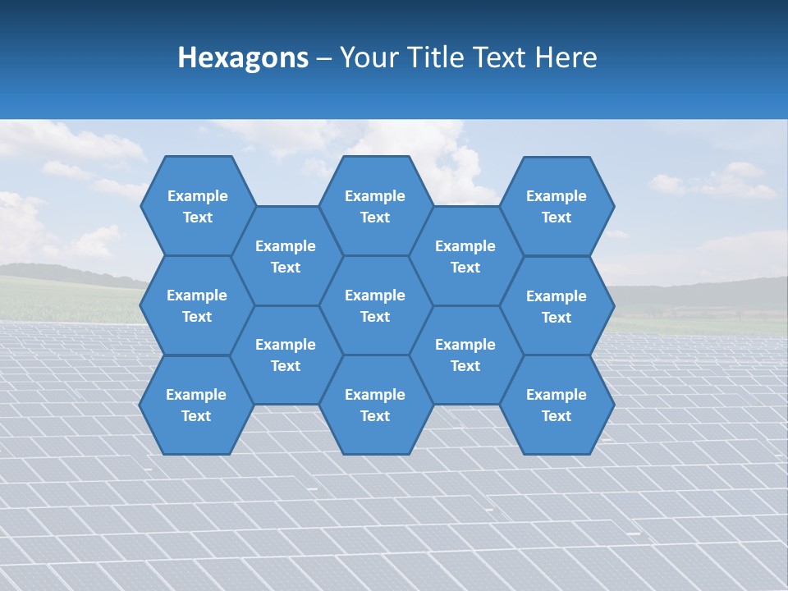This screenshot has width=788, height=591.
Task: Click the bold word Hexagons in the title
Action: (x=243, y=57)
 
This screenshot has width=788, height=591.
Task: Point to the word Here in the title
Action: (x=566, y=57)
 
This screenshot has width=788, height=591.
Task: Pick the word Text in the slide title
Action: (x=501, y=57)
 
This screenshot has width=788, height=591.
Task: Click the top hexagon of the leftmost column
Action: (x=197, y=206)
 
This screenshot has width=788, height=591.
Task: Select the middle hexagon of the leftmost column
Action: (x=197, y=305)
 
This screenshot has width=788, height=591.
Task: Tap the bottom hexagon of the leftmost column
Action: (x=196, y=405)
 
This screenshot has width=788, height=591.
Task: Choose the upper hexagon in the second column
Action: (x=286, y=256)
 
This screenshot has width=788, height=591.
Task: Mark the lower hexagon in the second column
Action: (x=286, y=355)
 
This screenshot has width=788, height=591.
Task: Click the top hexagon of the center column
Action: (x=375, y=206)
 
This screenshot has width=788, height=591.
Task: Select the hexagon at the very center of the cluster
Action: (x=375, y=305)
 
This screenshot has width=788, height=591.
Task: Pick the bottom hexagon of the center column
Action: (x=375, y=405)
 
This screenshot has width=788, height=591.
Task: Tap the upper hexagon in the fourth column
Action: (x=465, y=256)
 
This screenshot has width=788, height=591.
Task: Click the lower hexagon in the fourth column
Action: (x=465, y=355)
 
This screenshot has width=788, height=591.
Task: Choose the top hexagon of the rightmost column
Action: (x=557, y=206)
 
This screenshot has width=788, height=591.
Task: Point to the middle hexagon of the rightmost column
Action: (x=557, y=306)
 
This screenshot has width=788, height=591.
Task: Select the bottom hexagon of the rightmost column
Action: (x=557, y=405)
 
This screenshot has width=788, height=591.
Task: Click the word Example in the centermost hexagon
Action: (x=375, y=295)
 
